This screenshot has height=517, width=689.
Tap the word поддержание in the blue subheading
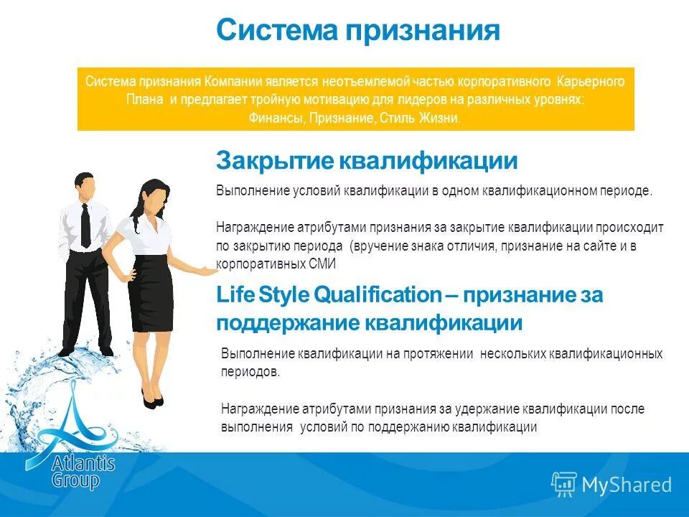pyautogui.click(x=287, y=323)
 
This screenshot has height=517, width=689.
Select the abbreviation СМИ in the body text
pyautogui.click(x=323, y=264)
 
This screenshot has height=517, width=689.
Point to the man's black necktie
pyautogui.click(x=85, y=224)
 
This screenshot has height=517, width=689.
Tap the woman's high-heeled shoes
pyautogui.click(x=152, y=399)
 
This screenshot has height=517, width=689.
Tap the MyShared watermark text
pyautogui.click(x=627, y=485)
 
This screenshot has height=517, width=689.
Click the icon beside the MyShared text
pyautogui.click(x=564, y=485)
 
